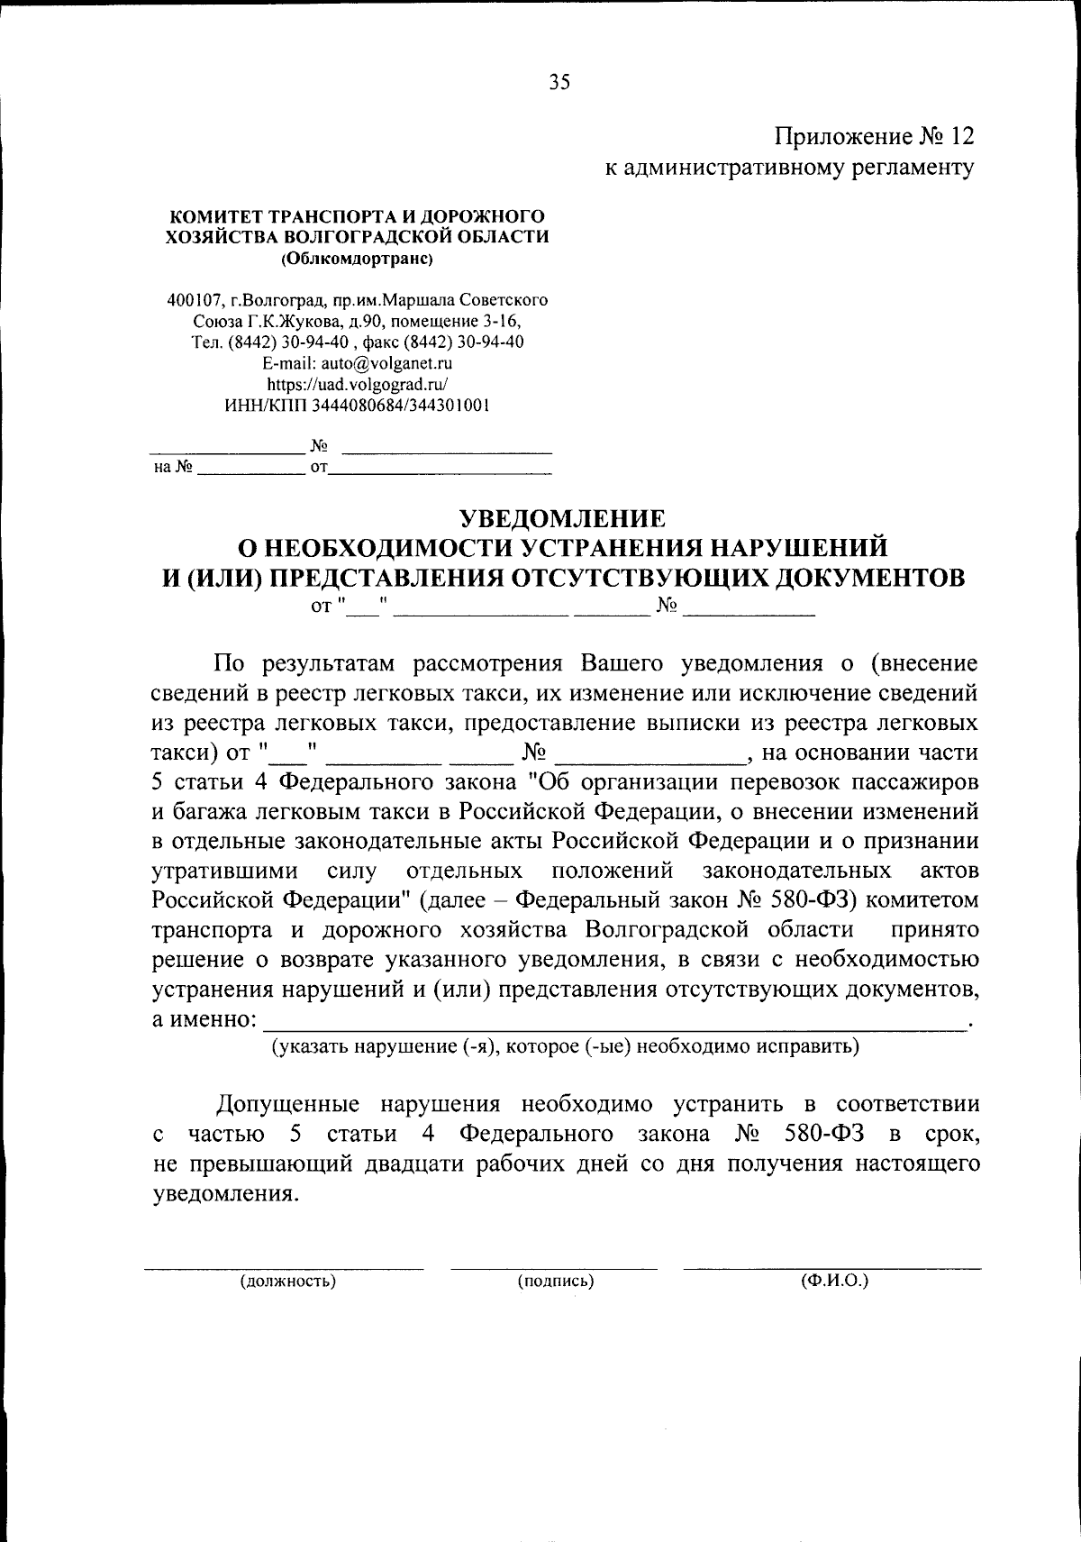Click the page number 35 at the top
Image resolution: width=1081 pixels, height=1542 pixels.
click(559, 83)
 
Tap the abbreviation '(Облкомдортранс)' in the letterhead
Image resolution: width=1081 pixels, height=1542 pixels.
click(357, 258)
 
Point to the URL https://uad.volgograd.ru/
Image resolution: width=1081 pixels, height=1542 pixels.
click(357, 384)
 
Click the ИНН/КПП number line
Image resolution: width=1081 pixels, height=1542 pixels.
click(357, 406)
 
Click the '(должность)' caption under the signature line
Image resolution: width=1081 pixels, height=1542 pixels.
click(287, 1281)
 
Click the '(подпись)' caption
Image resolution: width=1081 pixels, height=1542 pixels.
click(555, 1281)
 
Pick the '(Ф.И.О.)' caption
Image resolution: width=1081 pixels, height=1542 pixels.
click(833, 1281)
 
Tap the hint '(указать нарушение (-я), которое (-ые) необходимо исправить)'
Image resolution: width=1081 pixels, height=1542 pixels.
click(565, 1046)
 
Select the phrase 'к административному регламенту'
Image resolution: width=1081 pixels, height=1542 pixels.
click(790, 168)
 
